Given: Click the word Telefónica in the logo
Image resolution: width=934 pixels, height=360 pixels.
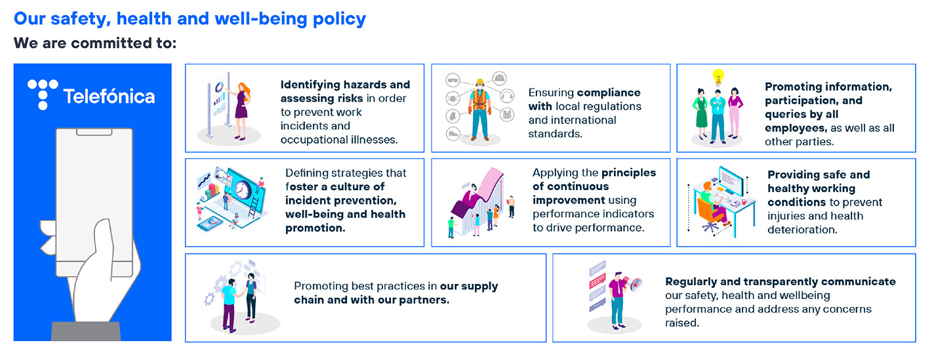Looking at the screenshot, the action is point(109,96).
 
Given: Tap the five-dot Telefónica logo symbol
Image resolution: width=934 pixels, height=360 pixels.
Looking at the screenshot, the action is point(43,94).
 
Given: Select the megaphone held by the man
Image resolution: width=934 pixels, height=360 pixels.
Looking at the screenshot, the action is point(632,284).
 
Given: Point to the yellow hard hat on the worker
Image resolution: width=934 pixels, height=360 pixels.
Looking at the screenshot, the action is point(480,82).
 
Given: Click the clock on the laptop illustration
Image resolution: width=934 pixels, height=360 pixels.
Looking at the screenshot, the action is point(243,190).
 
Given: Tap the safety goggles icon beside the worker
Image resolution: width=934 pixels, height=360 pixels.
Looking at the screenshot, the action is point(453,79).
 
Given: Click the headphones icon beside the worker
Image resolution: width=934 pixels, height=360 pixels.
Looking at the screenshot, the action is point(507,96).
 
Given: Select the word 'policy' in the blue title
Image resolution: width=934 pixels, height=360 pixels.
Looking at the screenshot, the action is point(339,19).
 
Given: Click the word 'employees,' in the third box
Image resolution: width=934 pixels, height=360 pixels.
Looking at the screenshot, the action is point(796,129).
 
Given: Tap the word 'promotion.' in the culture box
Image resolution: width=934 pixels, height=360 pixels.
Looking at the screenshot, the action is point(315,228).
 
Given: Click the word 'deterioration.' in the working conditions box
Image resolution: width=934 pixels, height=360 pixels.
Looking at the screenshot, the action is point(802,230).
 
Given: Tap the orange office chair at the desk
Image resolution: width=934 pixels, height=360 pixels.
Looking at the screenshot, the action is point(710,213).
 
